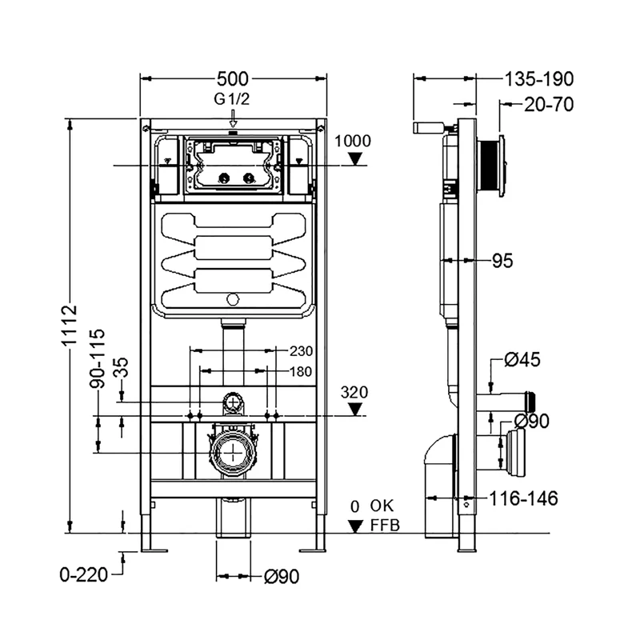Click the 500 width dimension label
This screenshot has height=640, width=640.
point(234,78)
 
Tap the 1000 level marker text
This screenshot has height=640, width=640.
point(352,141)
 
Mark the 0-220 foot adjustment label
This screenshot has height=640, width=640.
point(83,573)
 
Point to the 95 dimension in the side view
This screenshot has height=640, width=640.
point(502,261)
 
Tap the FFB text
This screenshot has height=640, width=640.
point(383,526)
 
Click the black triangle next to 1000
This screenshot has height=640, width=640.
point(356,160)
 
